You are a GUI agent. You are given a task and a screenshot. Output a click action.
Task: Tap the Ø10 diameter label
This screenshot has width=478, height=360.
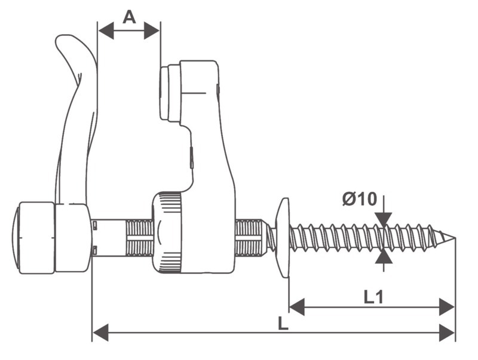point(360,199)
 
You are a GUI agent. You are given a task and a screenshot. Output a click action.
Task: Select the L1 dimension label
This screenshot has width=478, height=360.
point(373,297)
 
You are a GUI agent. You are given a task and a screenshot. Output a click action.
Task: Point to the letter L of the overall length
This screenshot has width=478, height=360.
point(283,323)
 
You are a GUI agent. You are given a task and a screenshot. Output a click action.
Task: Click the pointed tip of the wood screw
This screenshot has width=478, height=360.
point(454,237)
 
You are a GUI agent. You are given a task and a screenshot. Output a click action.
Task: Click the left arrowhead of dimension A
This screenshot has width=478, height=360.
point(106,30)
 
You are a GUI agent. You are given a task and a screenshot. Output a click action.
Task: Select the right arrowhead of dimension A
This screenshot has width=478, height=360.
point(152,30)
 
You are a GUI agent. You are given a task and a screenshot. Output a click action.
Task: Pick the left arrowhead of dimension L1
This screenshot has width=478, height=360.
point(296,307)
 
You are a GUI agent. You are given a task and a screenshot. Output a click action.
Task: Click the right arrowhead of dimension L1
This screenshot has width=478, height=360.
point(446,307)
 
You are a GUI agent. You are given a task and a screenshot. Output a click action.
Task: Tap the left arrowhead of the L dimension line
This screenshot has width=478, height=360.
point(100,332)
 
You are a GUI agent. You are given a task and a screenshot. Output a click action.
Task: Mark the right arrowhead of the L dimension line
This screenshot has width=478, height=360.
point(447,332)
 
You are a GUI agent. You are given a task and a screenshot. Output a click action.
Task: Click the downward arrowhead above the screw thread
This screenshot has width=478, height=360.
point(384,219)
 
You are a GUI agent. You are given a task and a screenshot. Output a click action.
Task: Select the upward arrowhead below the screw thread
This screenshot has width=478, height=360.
point(384,257)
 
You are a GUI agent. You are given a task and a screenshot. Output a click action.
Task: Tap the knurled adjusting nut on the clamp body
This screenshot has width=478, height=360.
point(167,232)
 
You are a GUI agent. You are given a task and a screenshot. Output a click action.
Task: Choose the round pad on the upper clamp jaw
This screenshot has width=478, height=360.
point(170,93)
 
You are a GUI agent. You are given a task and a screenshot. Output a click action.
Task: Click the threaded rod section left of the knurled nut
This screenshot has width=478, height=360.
point(139,237)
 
